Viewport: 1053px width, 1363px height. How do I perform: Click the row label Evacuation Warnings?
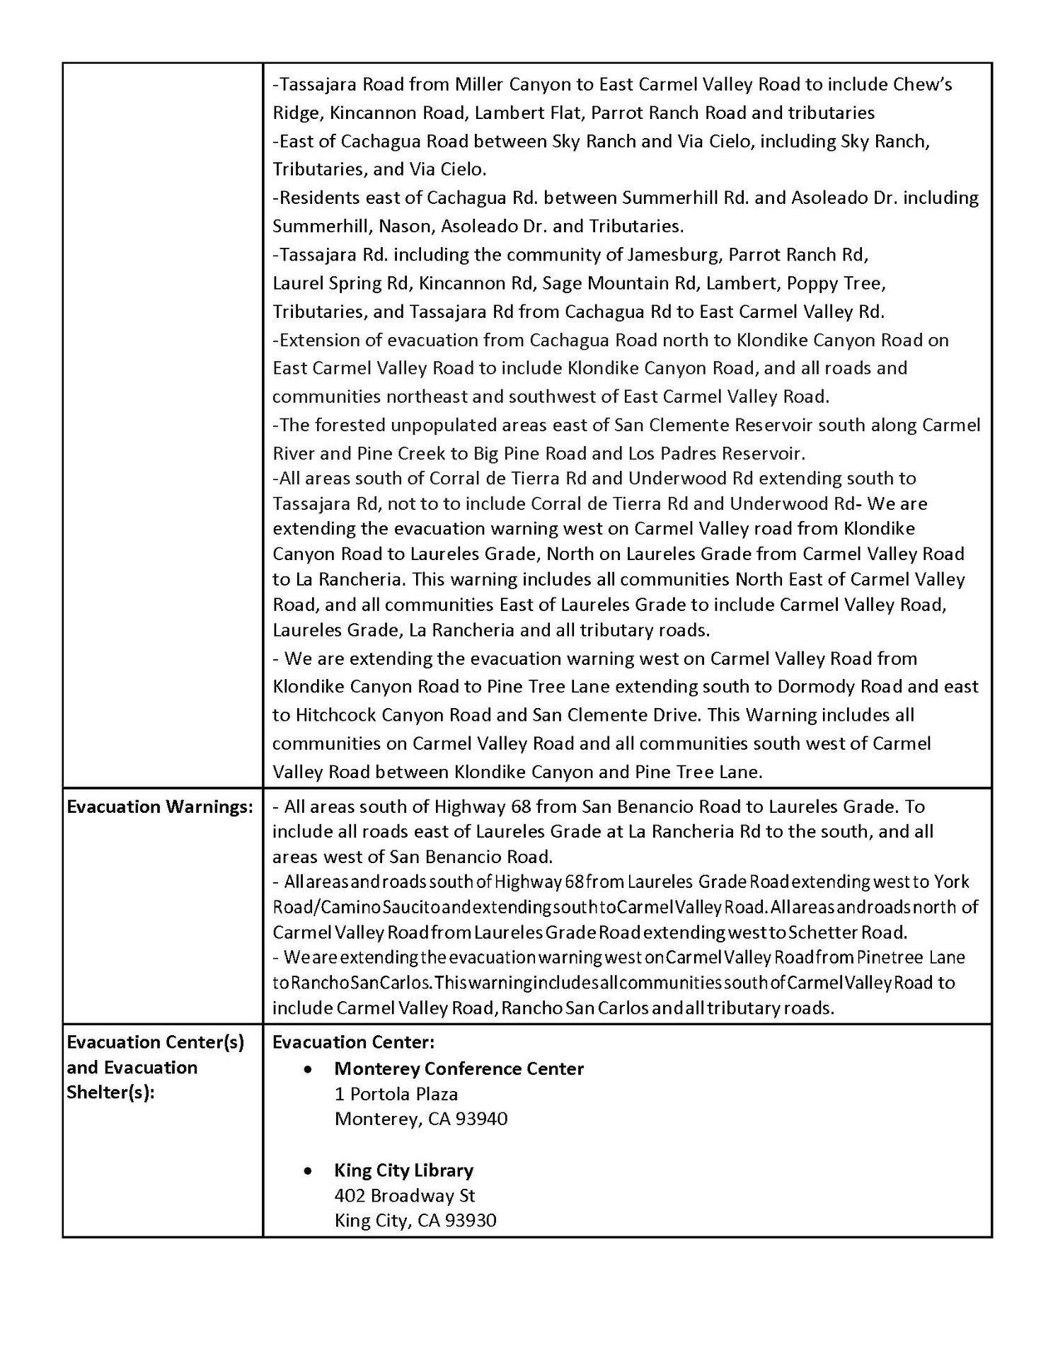[160, 807]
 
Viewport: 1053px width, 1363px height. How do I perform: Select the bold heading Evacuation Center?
[353, 1042]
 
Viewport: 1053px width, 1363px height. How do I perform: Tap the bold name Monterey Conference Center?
[459, 1068]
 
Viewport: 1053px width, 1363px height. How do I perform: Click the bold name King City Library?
[403, 1170]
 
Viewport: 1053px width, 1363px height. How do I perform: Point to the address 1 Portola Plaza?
[396, 1094]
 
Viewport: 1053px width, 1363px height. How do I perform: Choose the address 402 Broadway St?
[405, 1195]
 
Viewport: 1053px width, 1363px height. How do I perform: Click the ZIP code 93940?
[483, 1119]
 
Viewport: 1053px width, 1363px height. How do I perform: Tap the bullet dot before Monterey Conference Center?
[308, 1069]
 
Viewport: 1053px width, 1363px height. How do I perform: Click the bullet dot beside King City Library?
[308, 1170]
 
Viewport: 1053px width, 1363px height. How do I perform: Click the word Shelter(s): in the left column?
[111, 1093]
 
